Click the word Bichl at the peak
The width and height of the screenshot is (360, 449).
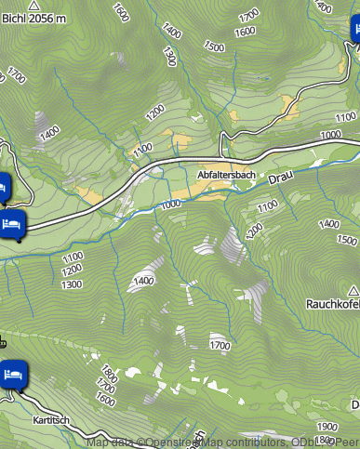point(16,19)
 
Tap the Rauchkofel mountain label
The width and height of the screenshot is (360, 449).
point(333,304)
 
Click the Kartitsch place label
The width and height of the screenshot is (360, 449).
point(52,420)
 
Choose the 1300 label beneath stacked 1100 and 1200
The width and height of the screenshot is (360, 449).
point(71,284)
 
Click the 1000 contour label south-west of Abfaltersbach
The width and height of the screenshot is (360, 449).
point(171,205)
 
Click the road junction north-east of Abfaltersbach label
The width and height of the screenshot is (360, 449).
point(221,156)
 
